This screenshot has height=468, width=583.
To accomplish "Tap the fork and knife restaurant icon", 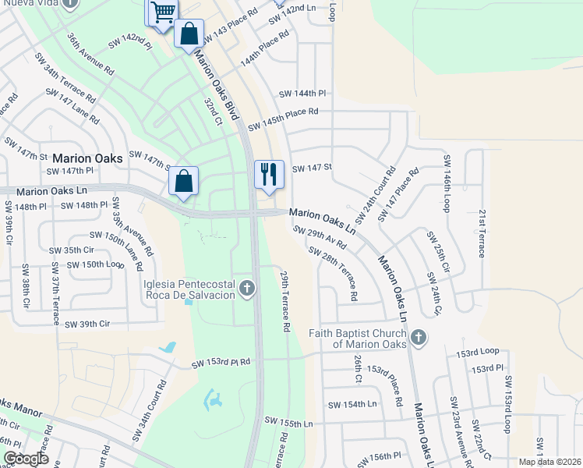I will point(269,174).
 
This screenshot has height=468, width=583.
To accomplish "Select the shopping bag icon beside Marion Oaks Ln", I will point(183,181).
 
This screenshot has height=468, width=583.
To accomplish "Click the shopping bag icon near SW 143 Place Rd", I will point(189,34).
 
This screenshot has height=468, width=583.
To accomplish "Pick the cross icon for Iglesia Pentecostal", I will point(247,289).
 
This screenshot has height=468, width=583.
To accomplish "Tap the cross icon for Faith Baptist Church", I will point(419,338).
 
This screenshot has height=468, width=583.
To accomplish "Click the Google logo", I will point(25,459).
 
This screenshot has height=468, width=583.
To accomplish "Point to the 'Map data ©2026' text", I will point(549,462).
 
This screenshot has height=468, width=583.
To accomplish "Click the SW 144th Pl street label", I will point(302,94).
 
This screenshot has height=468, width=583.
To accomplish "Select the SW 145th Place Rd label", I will point(283,119).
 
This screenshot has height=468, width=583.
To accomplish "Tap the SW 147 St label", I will point(312,168).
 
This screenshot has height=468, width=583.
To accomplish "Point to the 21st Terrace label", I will point(483,233).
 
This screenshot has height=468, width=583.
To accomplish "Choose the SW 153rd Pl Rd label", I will point(222,363).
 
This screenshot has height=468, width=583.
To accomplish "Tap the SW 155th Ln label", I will point(288,424).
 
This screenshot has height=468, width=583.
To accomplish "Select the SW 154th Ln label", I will point(352,404).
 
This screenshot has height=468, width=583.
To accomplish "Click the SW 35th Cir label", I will point(72,250).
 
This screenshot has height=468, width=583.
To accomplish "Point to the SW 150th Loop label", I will point(96,264).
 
